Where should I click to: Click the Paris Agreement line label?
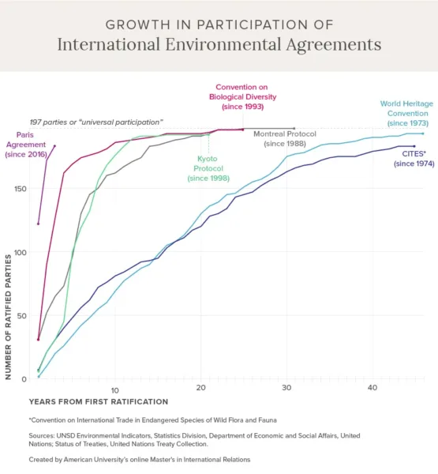point(26,145)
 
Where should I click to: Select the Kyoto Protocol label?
point(208,168)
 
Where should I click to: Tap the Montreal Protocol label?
point(285,139)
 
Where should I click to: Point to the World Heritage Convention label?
point(407,113)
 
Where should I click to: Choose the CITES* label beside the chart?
point(414,159)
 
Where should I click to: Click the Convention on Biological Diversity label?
point(242,96)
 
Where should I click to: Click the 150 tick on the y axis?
point(21,189)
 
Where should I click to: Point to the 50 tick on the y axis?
point(22,315)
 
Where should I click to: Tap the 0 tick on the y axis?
point(24,379)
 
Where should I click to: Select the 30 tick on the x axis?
point(286,388)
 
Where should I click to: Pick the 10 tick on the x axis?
point(114,390)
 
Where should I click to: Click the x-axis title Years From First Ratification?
point(99,402)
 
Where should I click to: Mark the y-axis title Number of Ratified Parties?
point(8,317)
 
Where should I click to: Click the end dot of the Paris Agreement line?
point(54,146)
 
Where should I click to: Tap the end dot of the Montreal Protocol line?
point(294,129)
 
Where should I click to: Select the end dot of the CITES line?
point(414,146)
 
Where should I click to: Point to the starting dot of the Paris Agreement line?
point(38,224)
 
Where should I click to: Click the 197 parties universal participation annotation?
point(96,122)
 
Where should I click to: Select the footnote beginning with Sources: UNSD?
point(194,440)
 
